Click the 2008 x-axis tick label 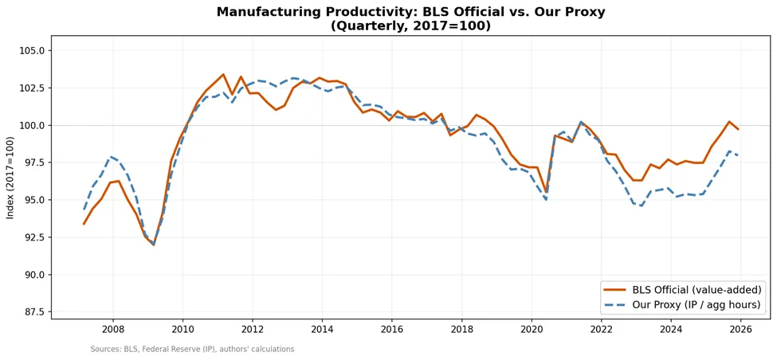(x=112, y=329)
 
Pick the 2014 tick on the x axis (x=322, y=329)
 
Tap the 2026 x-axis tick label (x=740, y=329)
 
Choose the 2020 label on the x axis (x=532, y=329)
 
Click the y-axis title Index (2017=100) (x=10, y=178)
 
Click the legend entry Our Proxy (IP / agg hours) (x=697, y=305)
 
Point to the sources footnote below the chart (x=192, y=349)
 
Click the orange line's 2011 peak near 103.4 (x=223, y=74)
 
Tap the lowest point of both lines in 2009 (x=154, y=245)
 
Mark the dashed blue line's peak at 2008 (x=112, y=156)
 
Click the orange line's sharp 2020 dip (x=546, y=193)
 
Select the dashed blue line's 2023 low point (x=642, y=206)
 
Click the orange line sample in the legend (x=614, y=288)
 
